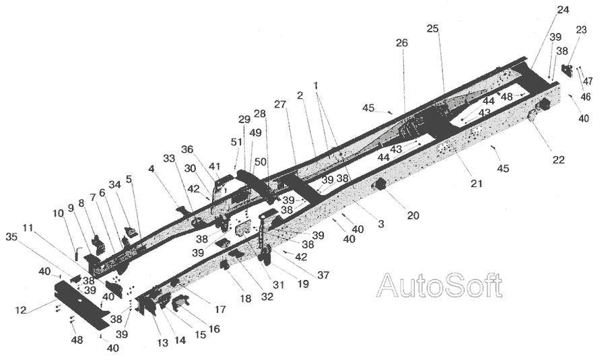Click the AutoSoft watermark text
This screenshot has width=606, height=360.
point(439,285)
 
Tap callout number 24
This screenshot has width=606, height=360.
point(562,9)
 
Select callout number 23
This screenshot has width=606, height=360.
point(581,30)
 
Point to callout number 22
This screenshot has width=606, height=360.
point(558,159)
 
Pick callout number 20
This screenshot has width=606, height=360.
point(412,215)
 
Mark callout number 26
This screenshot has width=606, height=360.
point(402,43)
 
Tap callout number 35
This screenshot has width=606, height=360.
point(11,237)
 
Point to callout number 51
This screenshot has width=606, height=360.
point(236,142)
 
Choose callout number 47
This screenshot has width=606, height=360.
point(588,81)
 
